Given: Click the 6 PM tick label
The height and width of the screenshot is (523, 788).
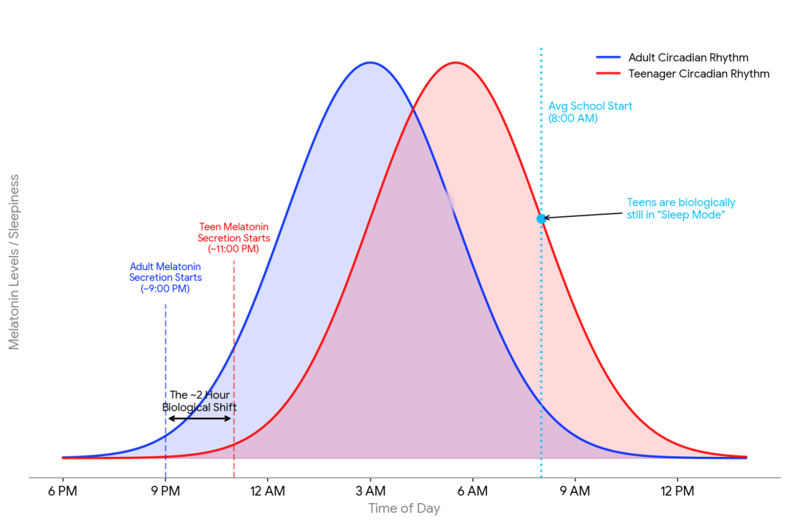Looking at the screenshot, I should click(62, 491).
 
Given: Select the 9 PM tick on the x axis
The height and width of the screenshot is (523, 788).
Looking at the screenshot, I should click(165, 491).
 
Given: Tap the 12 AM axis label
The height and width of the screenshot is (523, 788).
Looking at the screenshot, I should click(267, 491).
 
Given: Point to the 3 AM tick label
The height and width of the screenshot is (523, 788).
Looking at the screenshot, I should click(370, 491).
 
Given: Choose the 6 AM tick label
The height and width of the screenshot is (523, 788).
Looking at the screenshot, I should click(472, 491).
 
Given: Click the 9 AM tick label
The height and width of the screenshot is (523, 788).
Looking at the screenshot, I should click(575, 491).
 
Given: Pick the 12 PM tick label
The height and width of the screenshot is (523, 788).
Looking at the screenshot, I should click(677, 491).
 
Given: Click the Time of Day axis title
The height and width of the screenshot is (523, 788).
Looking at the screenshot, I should click(404, 508).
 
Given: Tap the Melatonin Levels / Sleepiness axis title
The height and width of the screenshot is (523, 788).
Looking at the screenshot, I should click(14, 262).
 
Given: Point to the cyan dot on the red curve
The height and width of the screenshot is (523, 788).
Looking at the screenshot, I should click(541, 218).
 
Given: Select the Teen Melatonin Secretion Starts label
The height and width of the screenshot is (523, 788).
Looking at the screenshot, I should click(233, 238).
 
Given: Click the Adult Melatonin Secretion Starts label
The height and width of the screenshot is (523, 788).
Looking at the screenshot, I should click(165, 278).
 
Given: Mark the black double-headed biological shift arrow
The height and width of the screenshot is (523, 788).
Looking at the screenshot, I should click(200, 418).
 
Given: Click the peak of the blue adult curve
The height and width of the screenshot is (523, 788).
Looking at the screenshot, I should click(371, 62).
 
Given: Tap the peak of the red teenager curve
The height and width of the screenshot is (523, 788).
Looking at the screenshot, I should click(456, 62).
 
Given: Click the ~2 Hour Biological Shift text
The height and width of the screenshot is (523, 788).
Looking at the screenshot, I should click(200, 401).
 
